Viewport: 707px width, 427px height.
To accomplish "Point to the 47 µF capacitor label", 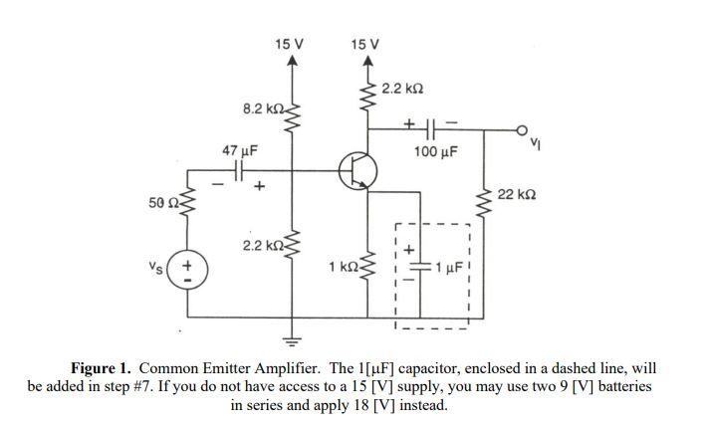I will tap(239, 150).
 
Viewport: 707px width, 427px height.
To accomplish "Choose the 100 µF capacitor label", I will tap(435, 152).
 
